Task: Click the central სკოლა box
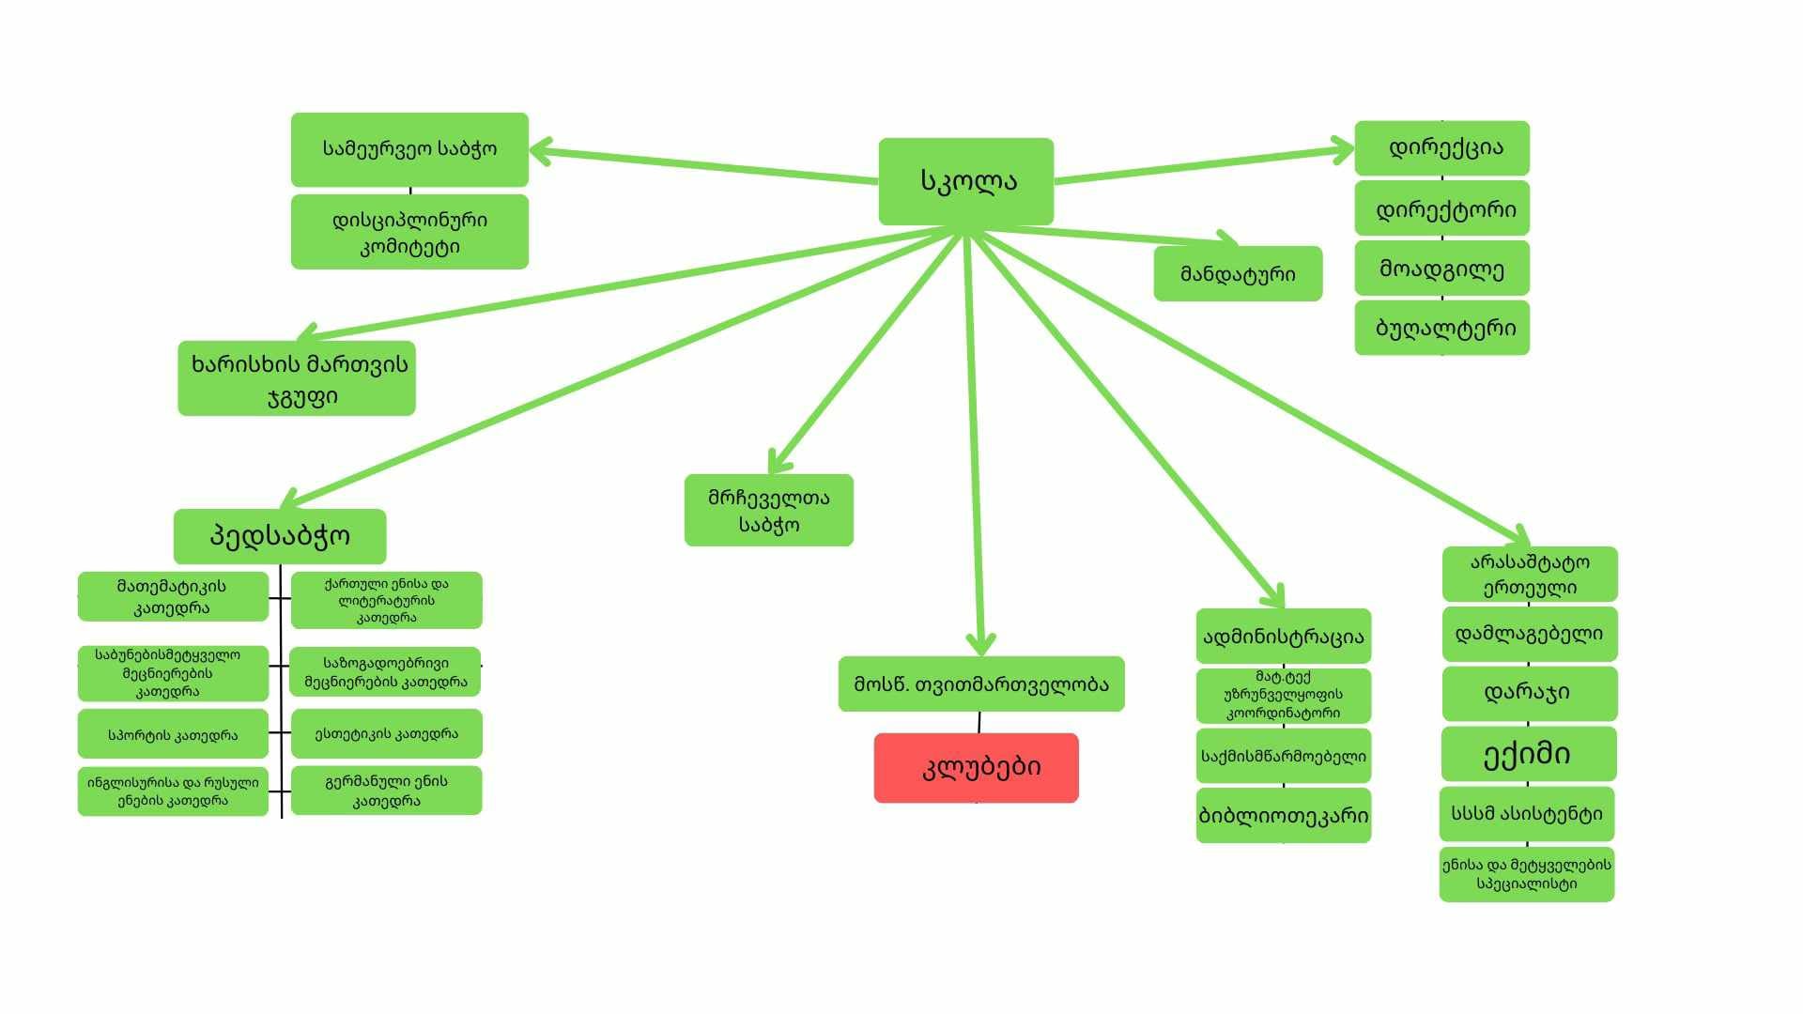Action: coord(965,181)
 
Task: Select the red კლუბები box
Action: coord(976,768)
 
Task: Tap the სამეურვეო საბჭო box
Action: coord(409,149)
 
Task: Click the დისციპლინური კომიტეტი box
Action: coord(409,232)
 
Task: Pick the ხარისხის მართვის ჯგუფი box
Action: coord(297,378)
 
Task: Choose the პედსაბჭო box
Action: coord(280,536)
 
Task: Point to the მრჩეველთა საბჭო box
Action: coord(769,510)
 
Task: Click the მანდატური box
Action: coord(1238,273)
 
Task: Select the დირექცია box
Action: coord(1441,148)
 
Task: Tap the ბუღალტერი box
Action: coord(1441,328)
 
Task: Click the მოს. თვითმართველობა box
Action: coord(981,684)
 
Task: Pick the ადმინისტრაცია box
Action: coord(1284,637)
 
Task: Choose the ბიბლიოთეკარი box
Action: coord(1284,815)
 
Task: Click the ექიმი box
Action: coord(1529,754)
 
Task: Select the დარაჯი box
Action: coord(1529,693)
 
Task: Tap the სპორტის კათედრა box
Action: coord(173,734)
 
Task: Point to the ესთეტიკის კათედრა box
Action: coord(386,734)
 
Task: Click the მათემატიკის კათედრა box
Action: coord(173,596)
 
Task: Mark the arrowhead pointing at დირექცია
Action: coord(1343,150)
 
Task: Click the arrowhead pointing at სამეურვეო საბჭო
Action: coord(541,151)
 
